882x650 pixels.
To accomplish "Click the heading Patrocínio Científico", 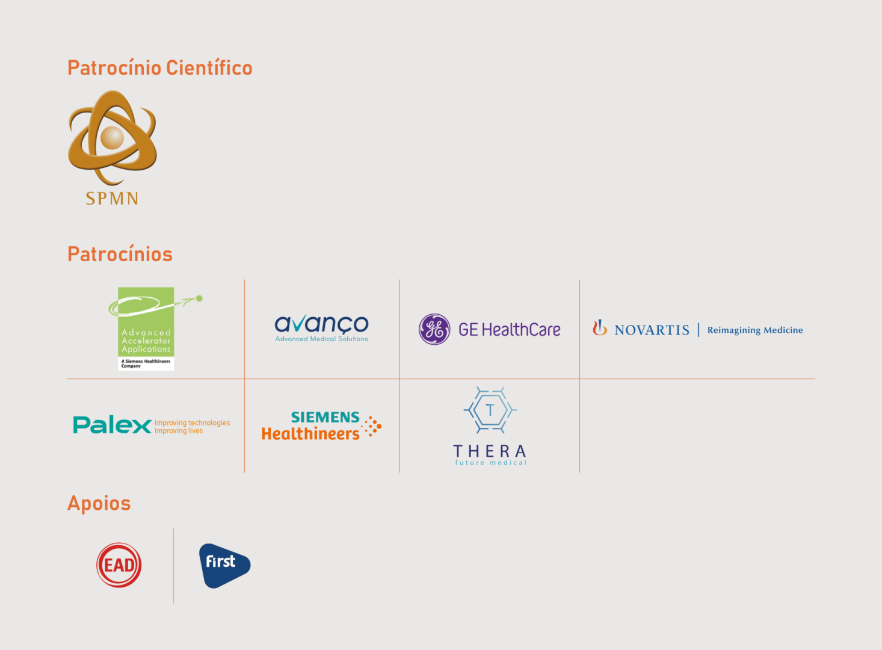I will (x=159, y=68).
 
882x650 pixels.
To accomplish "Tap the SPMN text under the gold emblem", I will (x=112, y=199).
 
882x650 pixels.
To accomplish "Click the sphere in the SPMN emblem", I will (x=112, y=138).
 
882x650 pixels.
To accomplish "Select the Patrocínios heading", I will (x=120, y=254).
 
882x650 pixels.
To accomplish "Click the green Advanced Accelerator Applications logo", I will (x=146, y=328).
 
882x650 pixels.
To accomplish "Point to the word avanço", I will (x=321, y=324).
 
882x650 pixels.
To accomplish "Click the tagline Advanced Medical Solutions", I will (x=321, y=339).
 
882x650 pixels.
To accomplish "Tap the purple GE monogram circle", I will (x=434, y=329).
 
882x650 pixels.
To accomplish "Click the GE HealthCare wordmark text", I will (x=509, y=330).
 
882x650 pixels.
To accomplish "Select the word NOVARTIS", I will (x=652, y=330).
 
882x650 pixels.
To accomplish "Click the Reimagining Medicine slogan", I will (x=754, y=330).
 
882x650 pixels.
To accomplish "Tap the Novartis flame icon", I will (x=599, y=327).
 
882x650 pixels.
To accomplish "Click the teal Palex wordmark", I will (x=112, y=425).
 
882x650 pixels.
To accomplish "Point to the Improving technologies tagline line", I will (x=192, y=422).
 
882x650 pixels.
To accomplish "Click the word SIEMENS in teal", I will (x=325, y=417).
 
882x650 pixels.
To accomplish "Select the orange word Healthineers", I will (x=310, y=434).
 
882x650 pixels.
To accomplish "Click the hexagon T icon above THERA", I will (x=490, y=410).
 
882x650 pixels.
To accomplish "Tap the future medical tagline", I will (x=490, y=463).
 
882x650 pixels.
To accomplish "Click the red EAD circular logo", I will (x=119, y=565).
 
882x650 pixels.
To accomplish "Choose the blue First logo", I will (x=223, y=565).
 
